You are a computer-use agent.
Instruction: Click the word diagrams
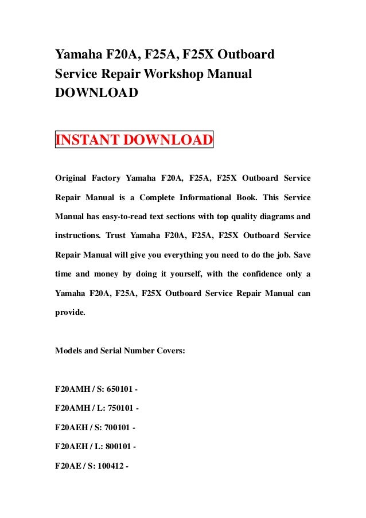277,216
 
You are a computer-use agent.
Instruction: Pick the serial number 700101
119,427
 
